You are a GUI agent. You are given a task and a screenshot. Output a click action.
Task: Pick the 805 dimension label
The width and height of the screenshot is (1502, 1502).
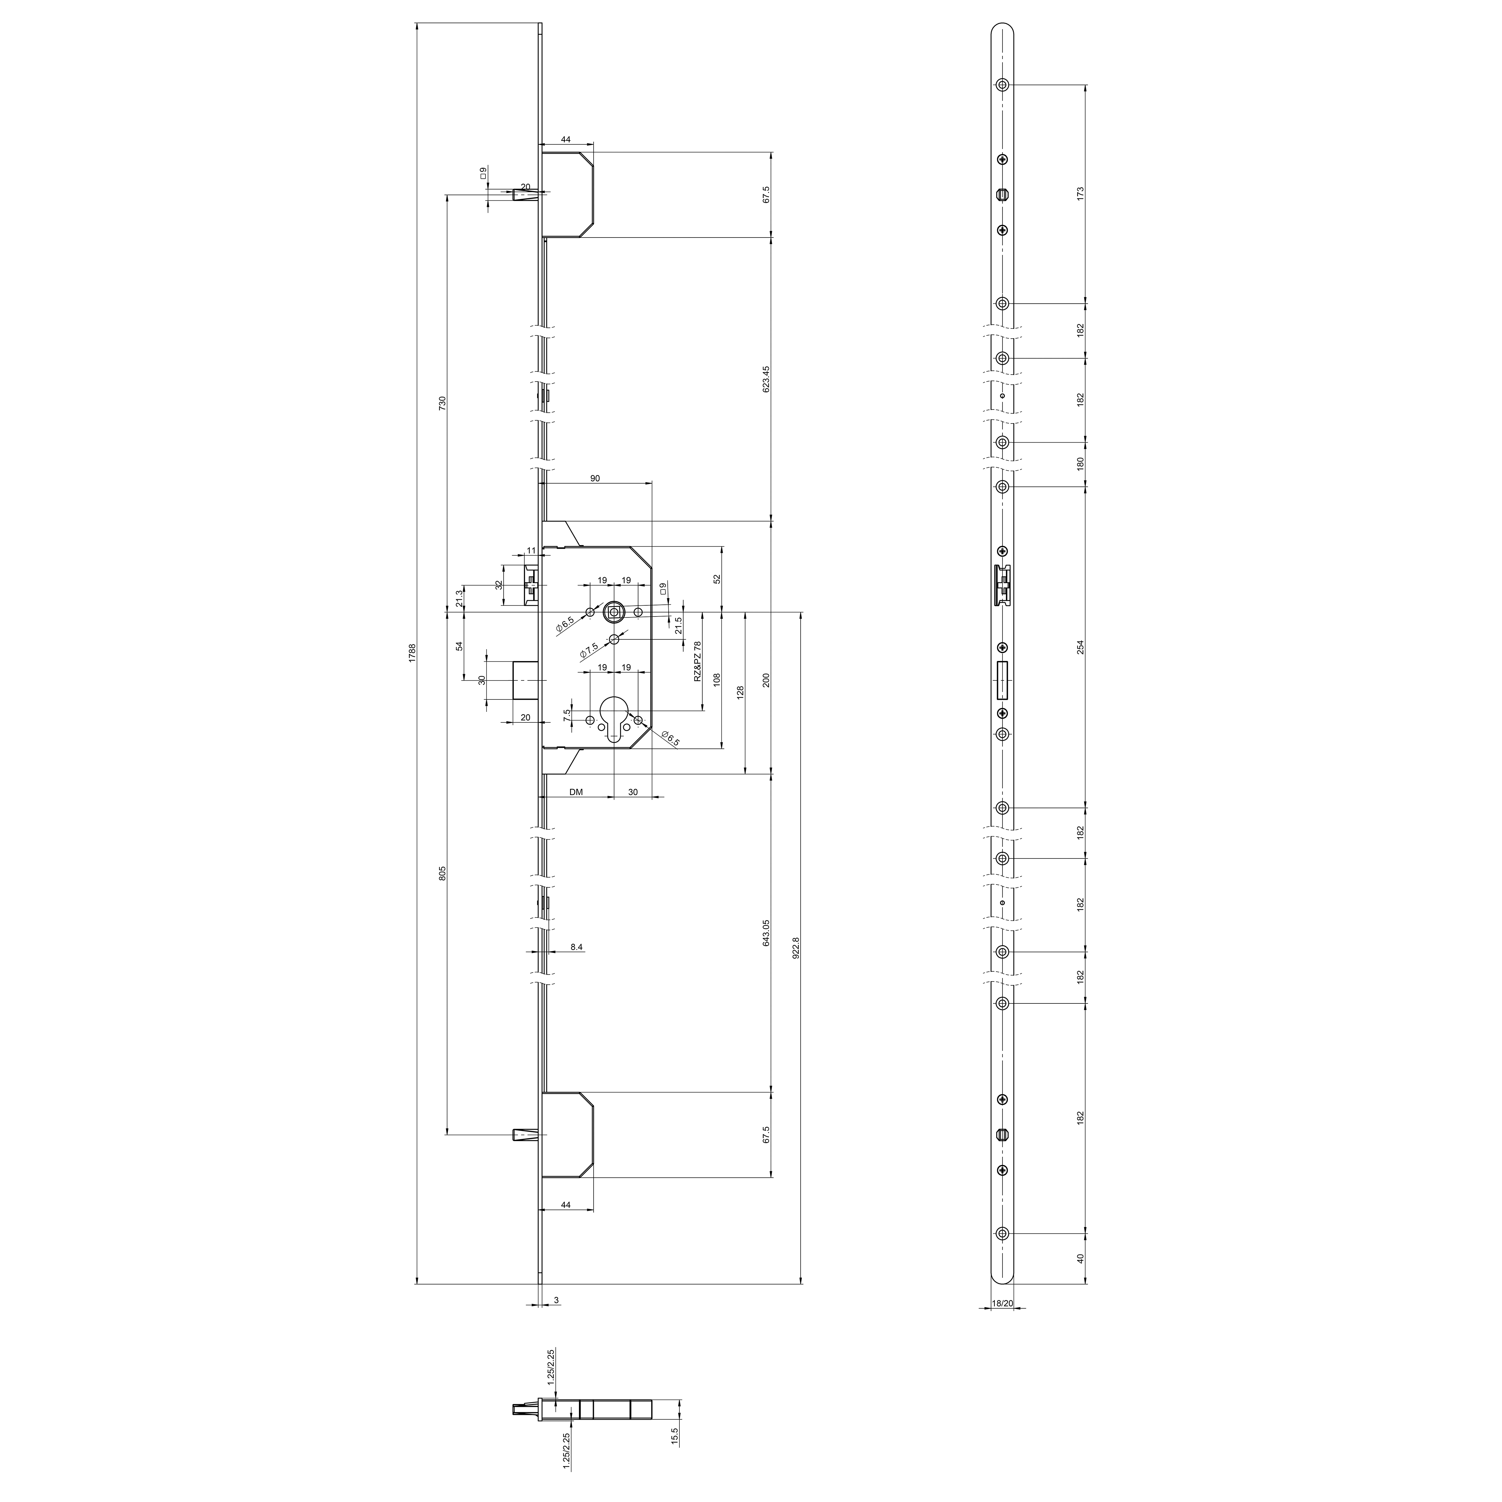point(442,872)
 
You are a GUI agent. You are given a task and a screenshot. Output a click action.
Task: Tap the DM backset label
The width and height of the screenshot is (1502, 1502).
point(576,792)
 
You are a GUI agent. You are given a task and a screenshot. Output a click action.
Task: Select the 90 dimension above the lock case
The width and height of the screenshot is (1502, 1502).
point(595,479)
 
